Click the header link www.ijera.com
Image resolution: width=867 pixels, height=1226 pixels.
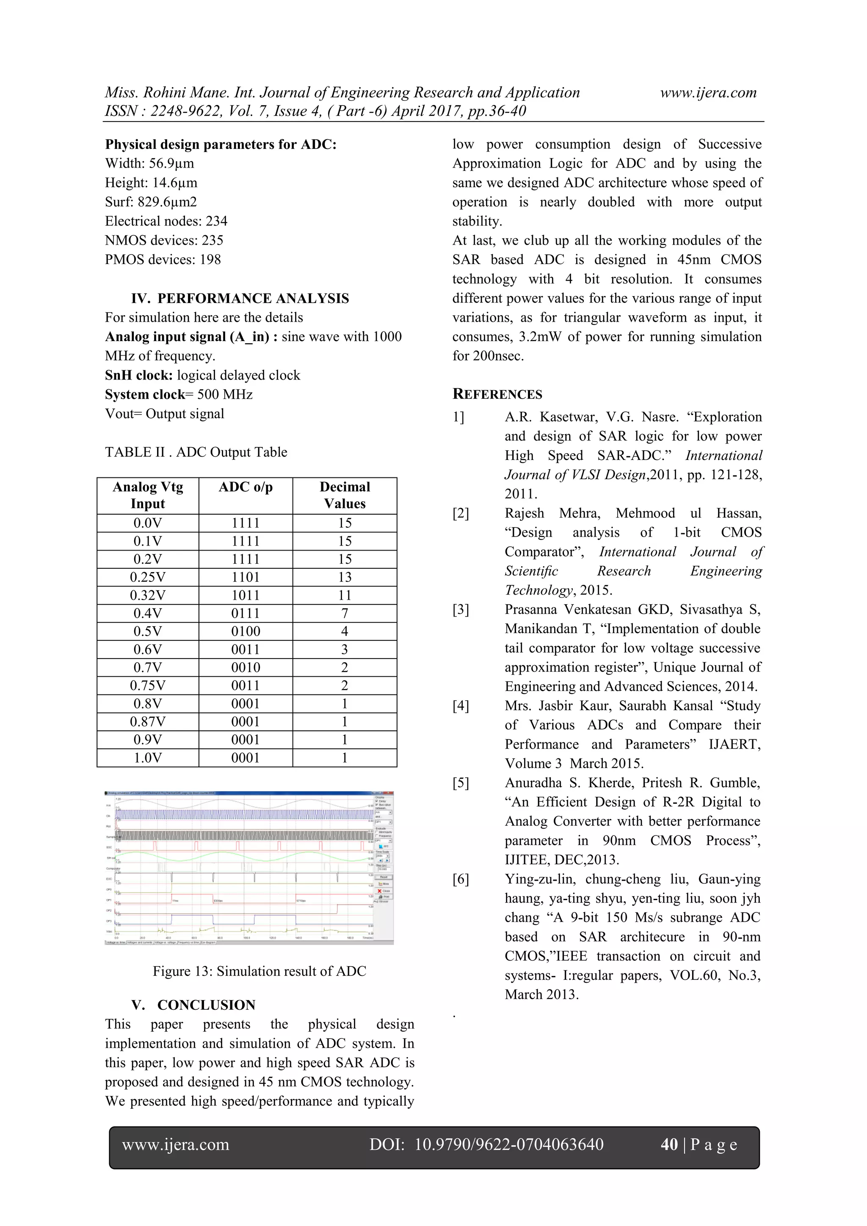click(x=708, y=93)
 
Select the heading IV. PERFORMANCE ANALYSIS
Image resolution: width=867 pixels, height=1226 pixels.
click(x=240, y=298)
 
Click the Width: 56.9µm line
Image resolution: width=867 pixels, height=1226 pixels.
click(x=149, y=163)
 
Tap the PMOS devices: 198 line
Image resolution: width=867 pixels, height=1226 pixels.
click(x=163, y=259)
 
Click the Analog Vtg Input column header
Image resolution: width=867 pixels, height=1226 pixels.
click(x=148, y=495)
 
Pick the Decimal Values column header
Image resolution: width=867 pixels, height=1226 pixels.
click(x=345, y=495)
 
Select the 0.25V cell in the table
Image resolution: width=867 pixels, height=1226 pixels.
click(x=148, y=577)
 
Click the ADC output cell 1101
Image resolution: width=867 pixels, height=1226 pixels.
click(x=245, y=577)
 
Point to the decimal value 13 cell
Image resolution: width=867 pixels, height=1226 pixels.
click(x=345, y=577)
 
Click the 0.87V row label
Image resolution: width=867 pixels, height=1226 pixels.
click(x=148, y=722)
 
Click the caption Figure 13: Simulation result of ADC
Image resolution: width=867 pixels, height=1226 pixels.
click(x=259, y=971)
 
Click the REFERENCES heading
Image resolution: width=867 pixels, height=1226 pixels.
click(x=497, y=394)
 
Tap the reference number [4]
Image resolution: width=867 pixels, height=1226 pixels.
click(x=461, y=706)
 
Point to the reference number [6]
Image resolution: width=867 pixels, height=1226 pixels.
click(x=461, y=879)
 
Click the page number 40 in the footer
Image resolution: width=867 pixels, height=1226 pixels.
click(x=669, y=1144)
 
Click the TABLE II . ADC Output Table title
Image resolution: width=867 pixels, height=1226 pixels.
click(x=196, y=452)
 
